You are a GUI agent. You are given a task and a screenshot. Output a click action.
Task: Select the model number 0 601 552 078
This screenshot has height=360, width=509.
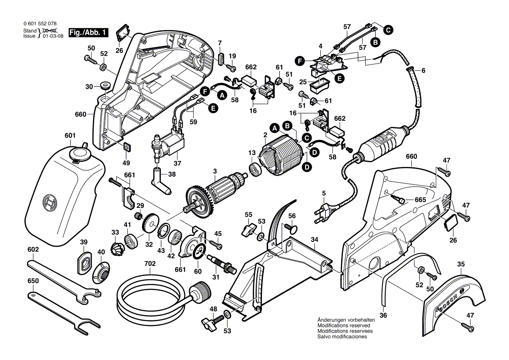(40, 24)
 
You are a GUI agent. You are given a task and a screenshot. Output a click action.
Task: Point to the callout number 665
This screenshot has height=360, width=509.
(420, 199)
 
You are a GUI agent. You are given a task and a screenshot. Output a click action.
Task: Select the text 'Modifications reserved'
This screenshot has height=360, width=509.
(344, 326)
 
